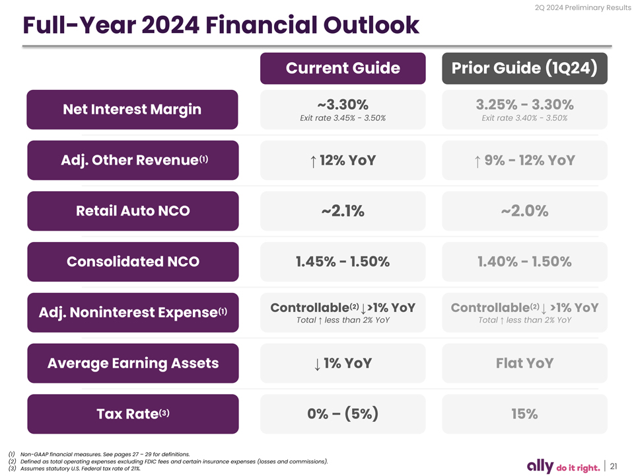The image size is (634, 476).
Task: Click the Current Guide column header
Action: (343, 68)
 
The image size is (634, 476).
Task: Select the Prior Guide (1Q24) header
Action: (524, 68)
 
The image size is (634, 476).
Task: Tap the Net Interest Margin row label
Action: (132, 110)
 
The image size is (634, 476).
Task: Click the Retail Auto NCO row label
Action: (133, 211)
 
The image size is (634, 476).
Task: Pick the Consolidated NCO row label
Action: (133, 262)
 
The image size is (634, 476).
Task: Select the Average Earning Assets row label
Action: (133, 364)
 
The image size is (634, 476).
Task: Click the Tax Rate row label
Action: (133, 414)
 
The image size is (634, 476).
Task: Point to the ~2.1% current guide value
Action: (343, 211)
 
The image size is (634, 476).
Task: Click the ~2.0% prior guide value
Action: (524, 211)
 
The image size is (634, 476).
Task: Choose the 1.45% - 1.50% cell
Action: (343, 262)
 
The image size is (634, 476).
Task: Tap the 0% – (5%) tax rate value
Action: (343, 414)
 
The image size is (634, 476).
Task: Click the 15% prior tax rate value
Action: (524, 414)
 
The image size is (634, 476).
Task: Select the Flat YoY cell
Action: (524, 363)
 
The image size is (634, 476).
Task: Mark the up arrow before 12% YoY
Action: (313, 161)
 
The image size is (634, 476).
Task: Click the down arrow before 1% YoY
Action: (318, 364)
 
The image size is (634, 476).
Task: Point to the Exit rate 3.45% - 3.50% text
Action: (343, 118)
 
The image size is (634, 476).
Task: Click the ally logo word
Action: (540, 466)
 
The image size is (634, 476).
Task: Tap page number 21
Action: (614, 466)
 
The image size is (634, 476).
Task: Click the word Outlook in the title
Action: (371, 25)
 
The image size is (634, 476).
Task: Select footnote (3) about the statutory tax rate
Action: (75, 469)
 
